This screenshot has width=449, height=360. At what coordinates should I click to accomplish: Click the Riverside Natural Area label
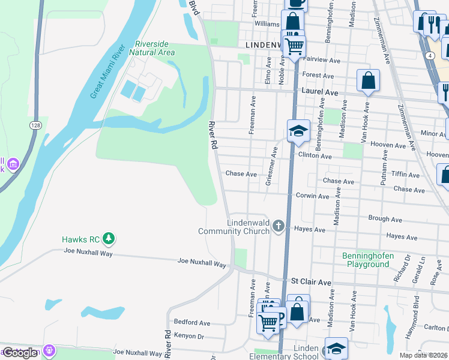[x=155, y=49]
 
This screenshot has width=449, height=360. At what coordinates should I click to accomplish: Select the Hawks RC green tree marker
[x=109, y=239]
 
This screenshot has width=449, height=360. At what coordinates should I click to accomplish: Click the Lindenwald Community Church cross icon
[x=278, y=226]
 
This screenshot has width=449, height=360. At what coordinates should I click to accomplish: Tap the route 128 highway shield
[x=37, y=124]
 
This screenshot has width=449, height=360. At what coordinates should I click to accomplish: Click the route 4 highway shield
[x=431, y=55]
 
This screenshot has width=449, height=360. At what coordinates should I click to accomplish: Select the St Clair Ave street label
[x=311, y=281]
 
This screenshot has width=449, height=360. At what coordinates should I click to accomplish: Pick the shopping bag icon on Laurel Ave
[x=368, y=80]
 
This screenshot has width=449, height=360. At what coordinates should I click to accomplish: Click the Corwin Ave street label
[x=312, y=196]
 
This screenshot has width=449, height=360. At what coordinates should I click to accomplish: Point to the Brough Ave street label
[x=385, y=219]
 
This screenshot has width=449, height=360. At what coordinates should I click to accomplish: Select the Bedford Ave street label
[x=192, y=322]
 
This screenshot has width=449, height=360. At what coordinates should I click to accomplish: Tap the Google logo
[x=20, y=353]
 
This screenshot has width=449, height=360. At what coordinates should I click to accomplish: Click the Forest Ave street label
[x=318, y=76]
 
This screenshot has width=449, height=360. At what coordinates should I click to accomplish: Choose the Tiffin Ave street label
[x=405, y=175]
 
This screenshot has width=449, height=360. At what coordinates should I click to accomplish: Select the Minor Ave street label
[x=433, y=134]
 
